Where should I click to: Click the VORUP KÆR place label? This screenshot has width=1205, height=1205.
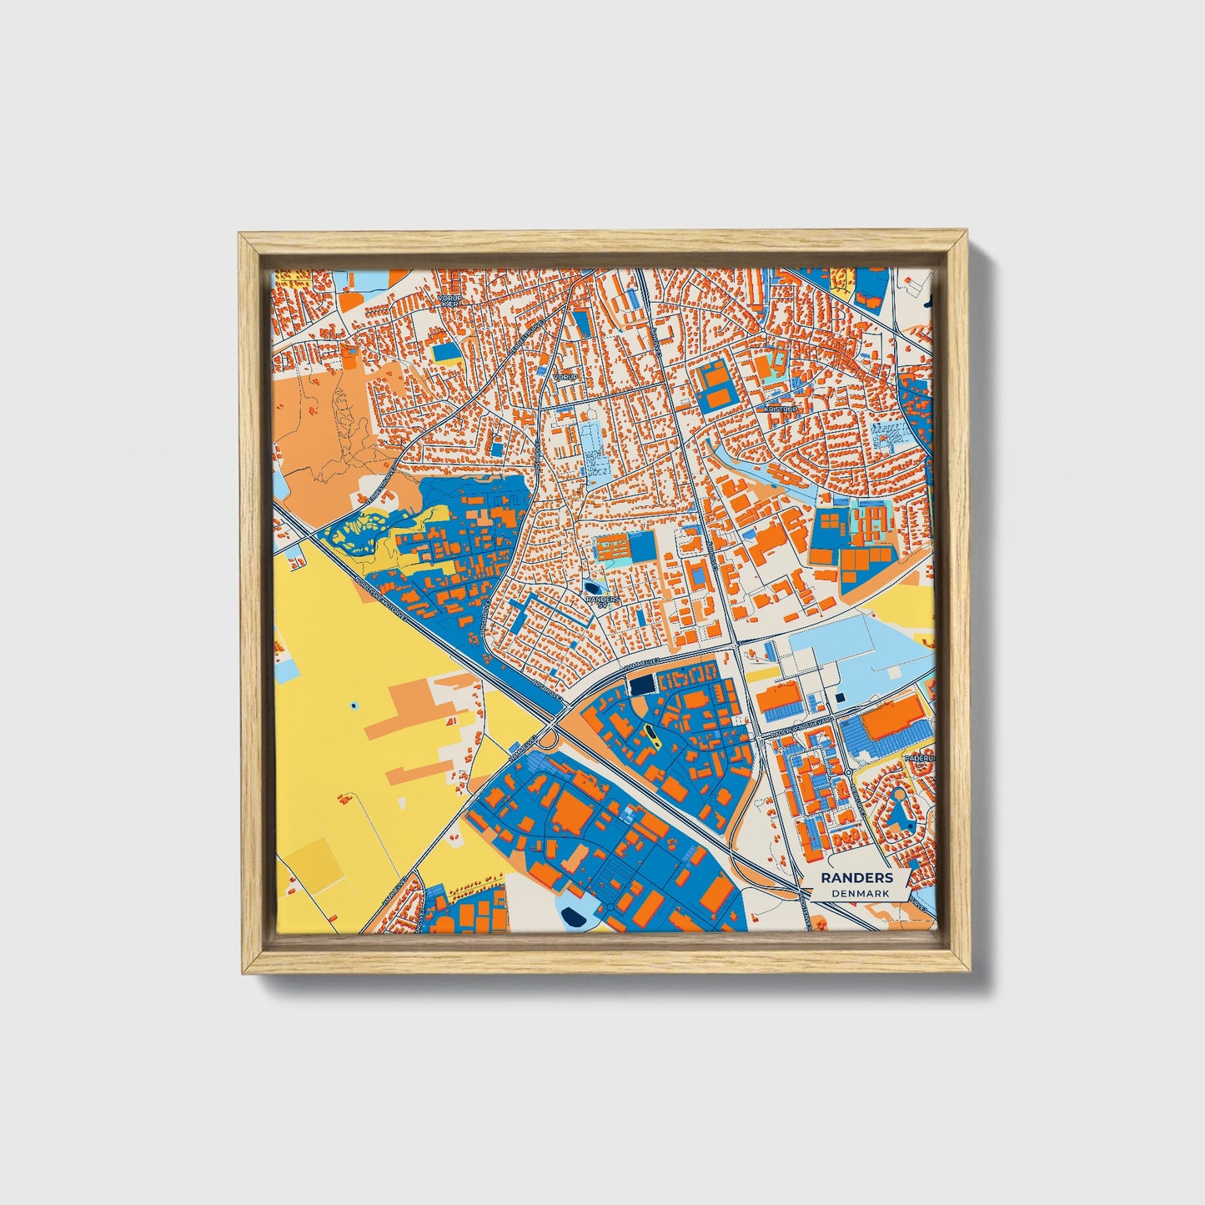(449, 299)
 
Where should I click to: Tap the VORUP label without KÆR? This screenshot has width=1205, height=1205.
(565, 377)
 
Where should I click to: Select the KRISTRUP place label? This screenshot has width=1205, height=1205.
(781, 409)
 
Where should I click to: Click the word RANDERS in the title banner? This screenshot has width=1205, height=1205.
(856, 878)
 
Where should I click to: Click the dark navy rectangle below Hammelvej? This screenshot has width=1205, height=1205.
(641, 685)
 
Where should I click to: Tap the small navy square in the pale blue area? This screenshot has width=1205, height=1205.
(840, 697)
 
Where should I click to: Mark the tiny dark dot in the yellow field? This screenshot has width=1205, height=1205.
(354, 706)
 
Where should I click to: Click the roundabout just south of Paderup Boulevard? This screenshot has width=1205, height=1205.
(847, 772)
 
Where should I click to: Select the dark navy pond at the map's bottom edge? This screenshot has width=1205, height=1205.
(574, 917)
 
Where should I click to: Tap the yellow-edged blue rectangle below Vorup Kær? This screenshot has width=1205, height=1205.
(444, 353)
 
